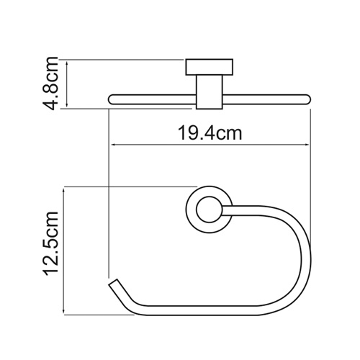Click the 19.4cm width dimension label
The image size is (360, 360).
coord(209,132)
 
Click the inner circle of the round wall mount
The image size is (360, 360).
coord(205,210)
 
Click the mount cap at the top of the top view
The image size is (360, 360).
coord(204,68)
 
